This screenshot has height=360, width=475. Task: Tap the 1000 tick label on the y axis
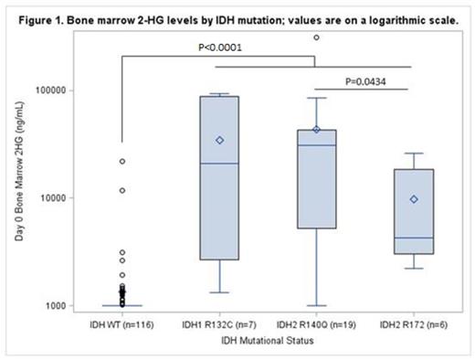pos(57,305)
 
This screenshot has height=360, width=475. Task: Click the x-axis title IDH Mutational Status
pos(267,340)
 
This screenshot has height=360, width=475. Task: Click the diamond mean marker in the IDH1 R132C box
pos(219,140)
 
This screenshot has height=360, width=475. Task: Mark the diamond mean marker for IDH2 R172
pos(414,199)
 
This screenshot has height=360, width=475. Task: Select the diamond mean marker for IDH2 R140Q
pos(317,130)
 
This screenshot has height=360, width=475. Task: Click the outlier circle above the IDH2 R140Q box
pos(317,37)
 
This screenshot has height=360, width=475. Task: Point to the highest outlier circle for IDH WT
pos(121,161)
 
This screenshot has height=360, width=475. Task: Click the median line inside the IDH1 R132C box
pos(219,164)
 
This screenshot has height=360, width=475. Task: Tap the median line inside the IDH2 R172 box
pos(414,238)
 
